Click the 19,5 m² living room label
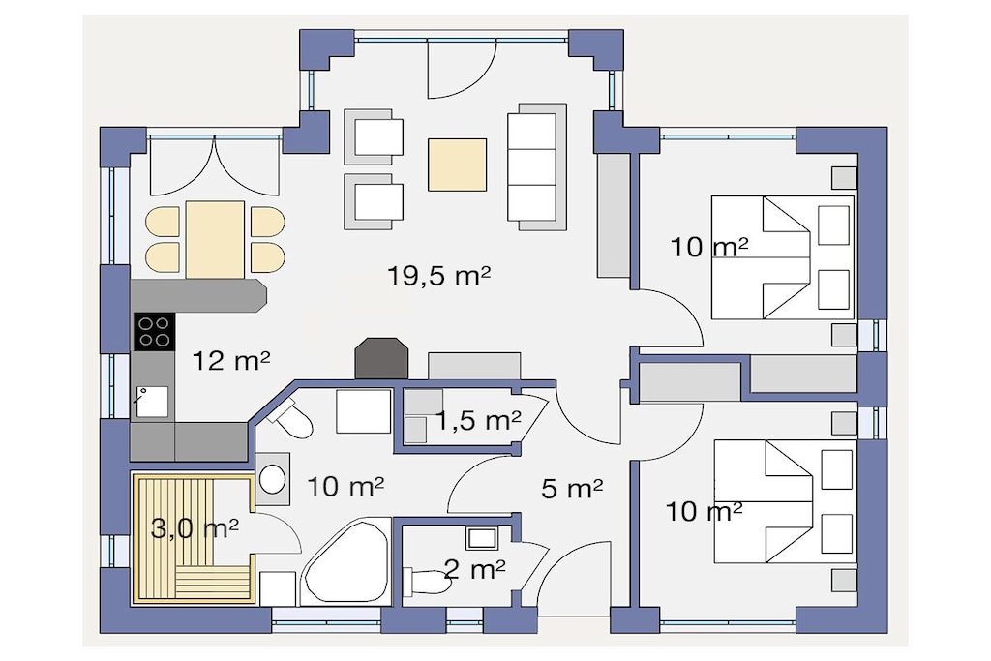tap(439, 276)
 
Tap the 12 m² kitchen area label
tap(231, 361)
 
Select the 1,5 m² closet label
tap(478, 420)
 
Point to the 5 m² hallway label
tap(572, 488)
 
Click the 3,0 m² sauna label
tap(195, 527)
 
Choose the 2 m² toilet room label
tap(474, 569)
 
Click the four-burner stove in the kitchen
tap(154, 331)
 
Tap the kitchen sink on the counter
tap(152, 402)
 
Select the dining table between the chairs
tap(215, 239)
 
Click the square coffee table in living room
tap(457, 165)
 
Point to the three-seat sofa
tap(536, 166)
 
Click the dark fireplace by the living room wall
tap(381, 358)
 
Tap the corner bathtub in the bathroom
tap(345, 562)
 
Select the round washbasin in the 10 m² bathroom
tap(272, 479)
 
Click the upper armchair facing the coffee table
tap(374, 136)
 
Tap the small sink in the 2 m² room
tap(482, 538)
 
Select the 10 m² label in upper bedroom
tap(709, 247)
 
